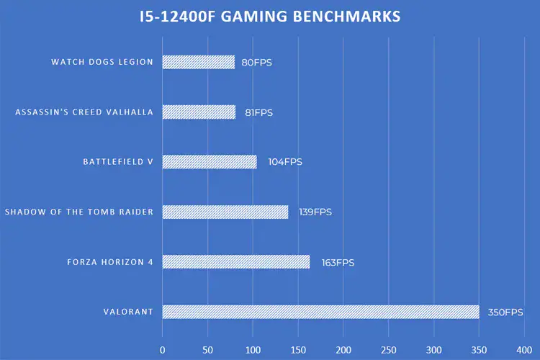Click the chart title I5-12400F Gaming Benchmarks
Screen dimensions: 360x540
pos(270,17)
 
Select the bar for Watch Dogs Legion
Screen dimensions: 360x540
pos(198,62)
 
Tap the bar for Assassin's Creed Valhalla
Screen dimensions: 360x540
pos(199,112)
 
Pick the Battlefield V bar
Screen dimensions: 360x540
pos(209,162)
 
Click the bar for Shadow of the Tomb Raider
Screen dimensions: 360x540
pos(225,212)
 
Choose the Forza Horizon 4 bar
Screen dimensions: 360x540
pos(235,261)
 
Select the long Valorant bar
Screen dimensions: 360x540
pos(320,312)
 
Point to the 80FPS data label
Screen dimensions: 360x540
pos(257,63)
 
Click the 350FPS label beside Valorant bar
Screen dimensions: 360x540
pos(502,312)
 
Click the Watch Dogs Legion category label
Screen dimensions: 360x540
pos(102,62)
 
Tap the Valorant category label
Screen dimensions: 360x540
pos(128,312)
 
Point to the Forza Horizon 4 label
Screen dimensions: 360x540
pos(109,262)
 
